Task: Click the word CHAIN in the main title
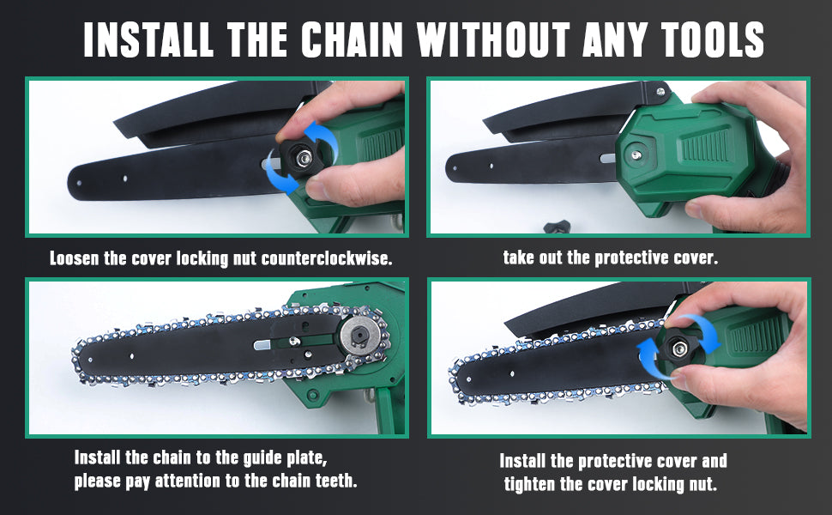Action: (352, 39)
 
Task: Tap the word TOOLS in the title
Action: (712, 39)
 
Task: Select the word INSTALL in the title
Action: (148, 39)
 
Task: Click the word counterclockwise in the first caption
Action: (326, 258)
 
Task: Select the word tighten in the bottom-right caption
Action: (529, 484)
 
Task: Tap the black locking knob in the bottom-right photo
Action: (678, 348)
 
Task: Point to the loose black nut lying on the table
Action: (557, 227)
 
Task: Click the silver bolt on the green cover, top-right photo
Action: (635, 155)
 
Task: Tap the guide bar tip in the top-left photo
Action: (75, 183)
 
